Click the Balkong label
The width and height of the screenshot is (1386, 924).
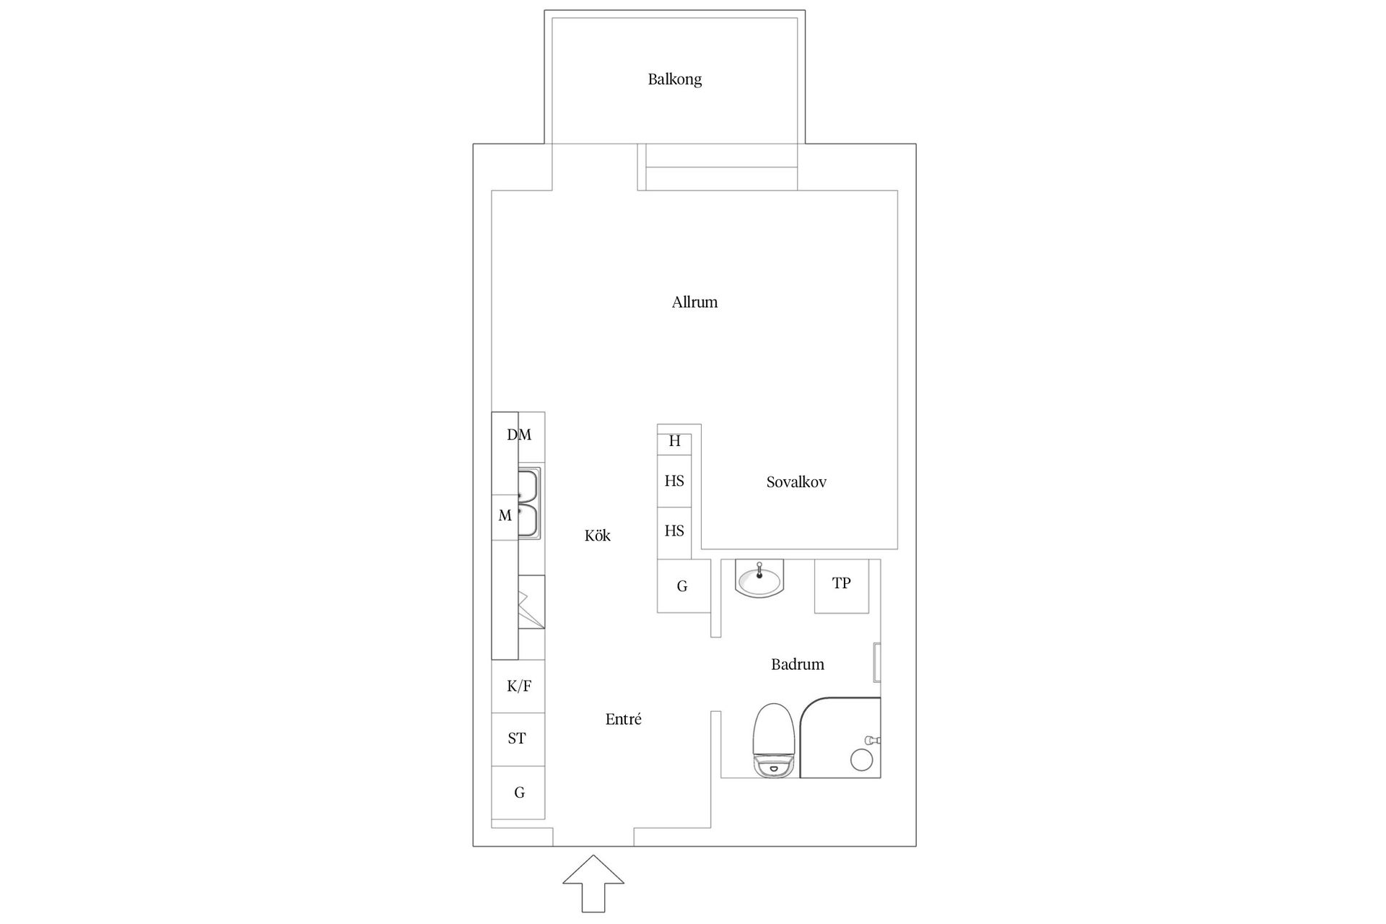[x=674, y=79]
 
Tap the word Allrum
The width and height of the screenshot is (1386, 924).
[x=694, y=302]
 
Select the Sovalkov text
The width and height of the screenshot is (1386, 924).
[x=796, y=482]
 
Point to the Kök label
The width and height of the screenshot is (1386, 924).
[x=597, y=536]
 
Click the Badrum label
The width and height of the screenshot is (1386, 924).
[x=797, y=665]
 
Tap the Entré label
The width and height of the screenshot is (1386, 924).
[x=623, y=720]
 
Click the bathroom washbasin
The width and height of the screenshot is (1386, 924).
[x=759, y=579]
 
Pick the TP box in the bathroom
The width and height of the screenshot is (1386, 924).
[x=841, y=585]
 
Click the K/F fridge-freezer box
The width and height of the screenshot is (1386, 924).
[x=518, y=687]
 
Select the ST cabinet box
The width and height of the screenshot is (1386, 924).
[x=518, y=739]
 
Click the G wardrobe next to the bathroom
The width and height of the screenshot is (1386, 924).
[x=682, y=586]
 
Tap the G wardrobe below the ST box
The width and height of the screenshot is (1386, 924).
[x=518, y=793]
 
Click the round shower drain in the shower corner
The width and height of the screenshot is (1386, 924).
[x=861, y=759]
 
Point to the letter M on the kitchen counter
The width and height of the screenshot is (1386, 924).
[x=505, y=516]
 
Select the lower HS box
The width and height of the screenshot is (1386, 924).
[x=674, y=532]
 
